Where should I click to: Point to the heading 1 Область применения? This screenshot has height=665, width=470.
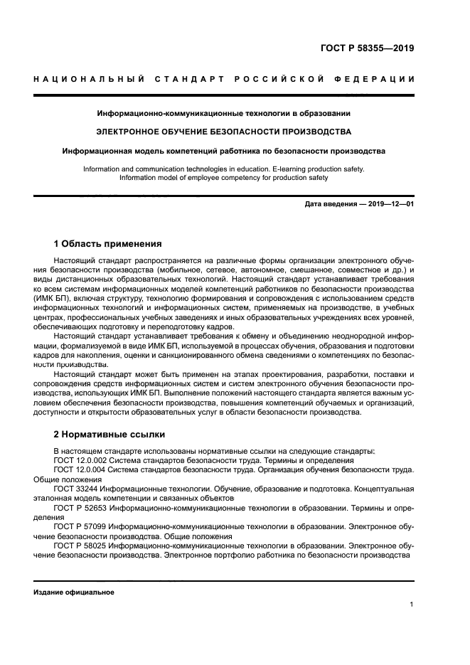point(107,243)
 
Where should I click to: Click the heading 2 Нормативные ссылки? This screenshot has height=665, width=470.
point(109,433)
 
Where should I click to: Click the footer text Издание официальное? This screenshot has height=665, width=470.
point(74,592)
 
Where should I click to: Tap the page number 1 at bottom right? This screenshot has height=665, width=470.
point(412,605)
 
